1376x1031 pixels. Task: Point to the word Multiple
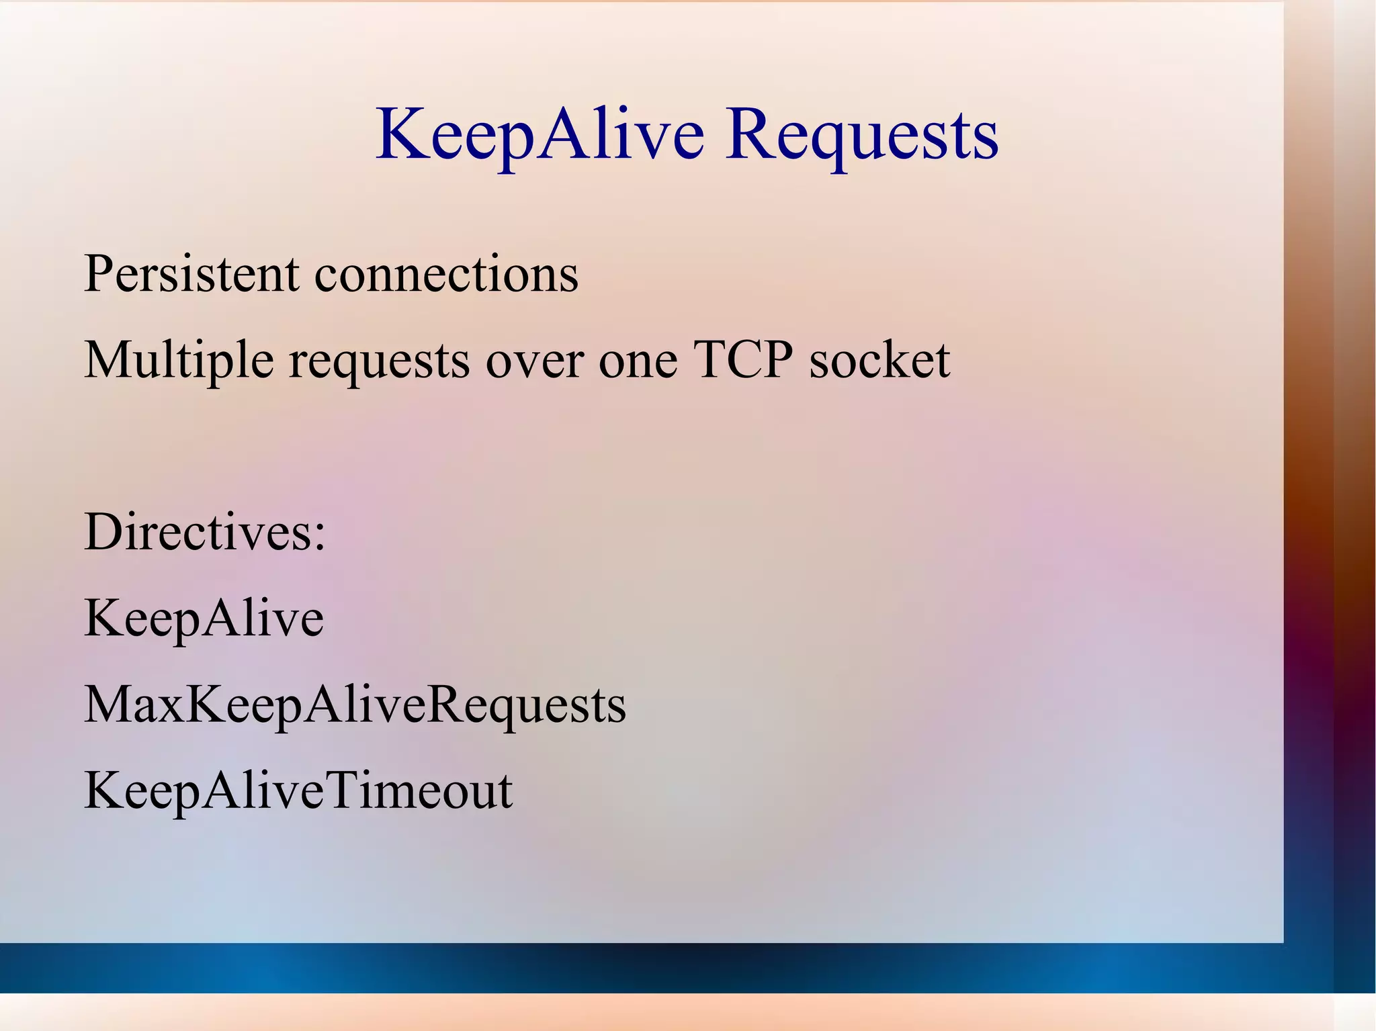tap(179, 361)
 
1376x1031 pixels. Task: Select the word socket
tap(879, 361)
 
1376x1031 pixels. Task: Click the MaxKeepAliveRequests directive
tap(355, 705)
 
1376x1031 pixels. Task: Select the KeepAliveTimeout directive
tap(298, 791)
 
